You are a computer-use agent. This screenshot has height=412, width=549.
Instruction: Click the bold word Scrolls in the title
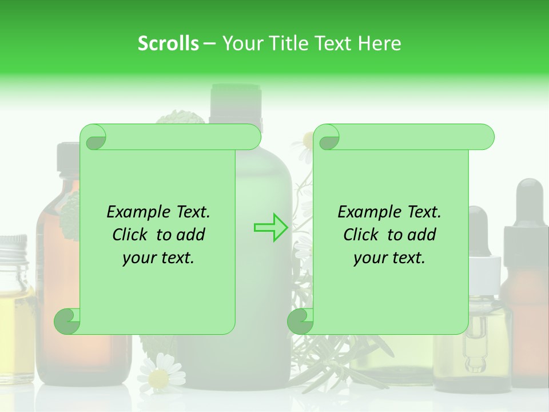tap(169, 43)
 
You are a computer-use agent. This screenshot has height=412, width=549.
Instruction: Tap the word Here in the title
tap(380, 43)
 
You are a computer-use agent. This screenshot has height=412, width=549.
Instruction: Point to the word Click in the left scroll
tap(132, 235)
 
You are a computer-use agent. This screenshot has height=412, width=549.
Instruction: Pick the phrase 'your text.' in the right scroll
tap(389, 257)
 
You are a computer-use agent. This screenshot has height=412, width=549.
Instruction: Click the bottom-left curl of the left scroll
tap(66, 322)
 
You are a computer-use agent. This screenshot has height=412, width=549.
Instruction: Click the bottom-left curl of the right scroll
tap(300, 322)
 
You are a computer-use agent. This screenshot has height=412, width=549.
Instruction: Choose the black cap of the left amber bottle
tap(67, 157)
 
